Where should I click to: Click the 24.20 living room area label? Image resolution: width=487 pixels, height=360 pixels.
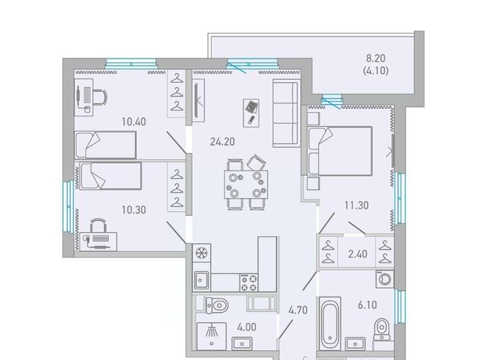(222, 142)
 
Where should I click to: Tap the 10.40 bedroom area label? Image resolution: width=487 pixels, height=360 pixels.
(134, 122)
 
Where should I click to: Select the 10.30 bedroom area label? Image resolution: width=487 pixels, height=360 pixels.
(134, 210)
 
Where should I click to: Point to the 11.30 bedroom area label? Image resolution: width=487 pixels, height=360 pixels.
(357, 205)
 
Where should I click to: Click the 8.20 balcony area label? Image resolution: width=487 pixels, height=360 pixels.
(376, 58)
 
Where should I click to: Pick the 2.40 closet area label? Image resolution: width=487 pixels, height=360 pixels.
(358, 254)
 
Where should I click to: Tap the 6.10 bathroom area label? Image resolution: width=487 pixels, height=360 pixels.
(368, 305)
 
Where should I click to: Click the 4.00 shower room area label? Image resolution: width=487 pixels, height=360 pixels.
(247, 327)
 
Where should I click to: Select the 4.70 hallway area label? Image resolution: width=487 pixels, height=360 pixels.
(298, 310)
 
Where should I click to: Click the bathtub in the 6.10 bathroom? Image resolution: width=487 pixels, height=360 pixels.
(330, 323)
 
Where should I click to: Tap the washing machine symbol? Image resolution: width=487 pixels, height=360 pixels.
(385, 279)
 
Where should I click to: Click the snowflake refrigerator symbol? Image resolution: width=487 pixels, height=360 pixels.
(201, 253)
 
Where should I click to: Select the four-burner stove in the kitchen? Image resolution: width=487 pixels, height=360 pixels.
(249, 282)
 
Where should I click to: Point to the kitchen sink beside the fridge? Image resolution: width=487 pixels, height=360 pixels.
(201, 281)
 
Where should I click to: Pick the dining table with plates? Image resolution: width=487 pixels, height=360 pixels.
(246, 184)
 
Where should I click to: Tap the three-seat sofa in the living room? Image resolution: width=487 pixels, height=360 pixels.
(285, 113)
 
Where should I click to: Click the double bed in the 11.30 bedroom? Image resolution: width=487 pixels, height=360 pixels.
(340, 151)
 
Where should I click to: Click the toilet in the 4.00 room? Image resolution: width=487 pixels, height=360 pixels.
(217, 305)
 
